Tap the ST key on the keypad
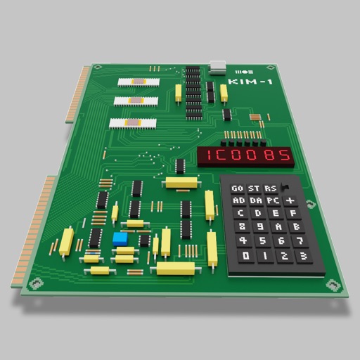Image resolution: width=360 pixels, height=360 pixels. [x=252, y=188]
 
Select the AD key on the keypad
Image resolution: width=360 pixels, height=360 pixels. [x=238, y=201]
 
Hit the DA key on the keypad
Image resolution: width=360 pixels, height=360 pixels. [x=254, y=201]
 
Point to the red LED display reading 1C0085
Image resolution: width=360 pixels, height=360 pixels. [x=245, y=156]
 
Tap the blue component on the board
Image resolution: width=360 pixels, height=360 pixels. [x=118, y=238]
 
